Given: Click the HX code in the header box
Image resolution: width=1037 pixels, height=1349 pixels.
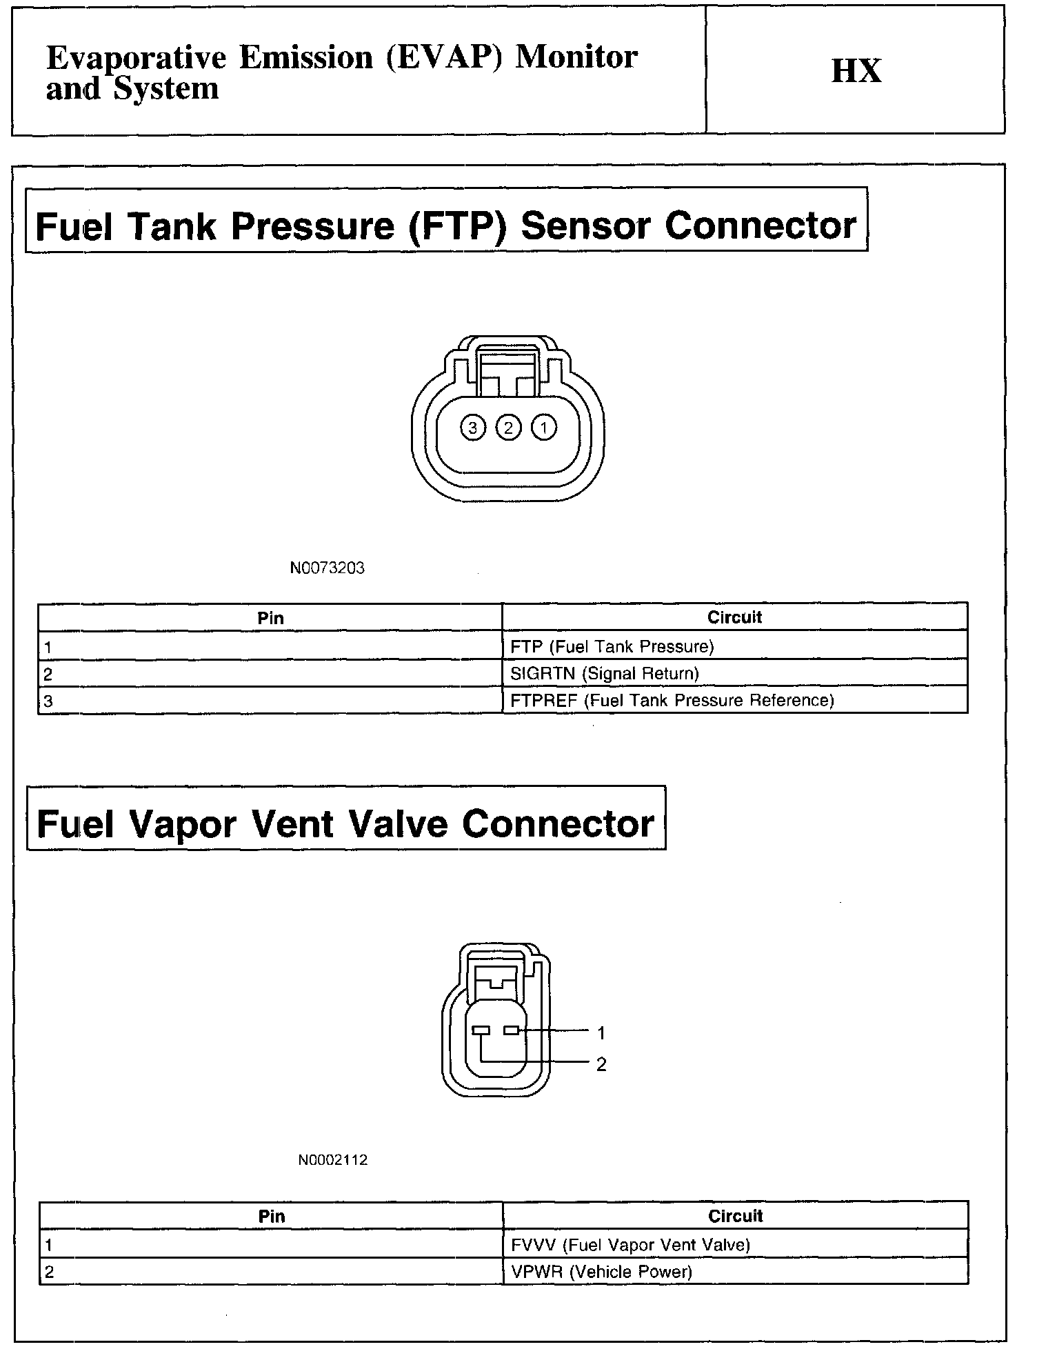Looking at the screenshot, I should pyautogui.click(x=856, y=71).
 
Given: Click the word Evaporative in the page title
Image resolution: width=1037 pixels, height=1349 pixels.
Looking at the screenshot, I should pyautogui.click(x=136, y=58).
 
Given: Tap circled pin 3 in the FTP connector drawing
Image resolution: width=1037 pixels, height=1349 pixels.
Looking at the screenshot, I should pyautogui.click(x=473, y=428).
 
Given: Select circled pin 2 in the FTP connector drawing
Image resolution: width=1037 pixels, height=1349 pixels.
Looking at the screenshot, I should pyautogui.click(x=509, y=428).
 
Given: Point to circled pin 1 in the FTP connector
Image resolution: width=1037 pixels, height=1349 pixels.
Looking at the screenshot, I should pyautogui.click(x=544, y=428).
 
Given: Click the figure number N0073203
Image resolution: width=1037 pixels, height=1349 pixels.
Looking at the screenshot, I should pyautogui.click(x=327, y=568).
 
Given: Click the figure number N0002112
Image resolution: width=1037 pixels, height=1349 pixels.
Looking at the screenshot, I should pyautogui.click(x=333, y=1160).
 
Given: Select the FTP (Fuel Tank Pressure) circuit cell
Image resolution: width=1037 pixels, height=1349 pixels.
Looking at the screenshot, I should pyautogui.click(x=612, y=646).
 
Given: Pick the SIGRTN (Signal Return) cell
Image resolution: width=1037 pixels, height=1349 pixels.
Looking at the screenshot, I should pyautogui.click(x=604, y=673).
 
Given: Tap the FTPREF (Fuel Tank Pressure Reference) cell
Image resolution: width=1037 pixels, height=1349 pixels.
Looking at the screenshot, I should pyautogui.click(x=672, y=701).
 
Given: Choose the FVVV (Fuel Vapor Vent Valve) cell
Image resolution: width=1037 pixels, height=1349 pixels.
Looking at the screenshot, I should pyautogui.click(x=630, y=1245).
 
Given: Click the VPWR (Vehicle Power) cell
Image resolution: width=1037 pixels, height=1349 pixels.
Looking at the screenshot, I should pyautogui.click(x=601, y=1272).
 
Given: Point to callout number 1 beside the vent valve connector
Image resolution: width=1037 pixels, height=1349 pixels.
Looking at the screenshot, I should pyautogui.click(x=601, y=1033).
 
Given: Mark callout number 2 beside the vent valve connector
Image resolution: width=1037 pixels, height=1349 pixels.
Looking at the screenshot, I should pyautogui.click(x=601, y=1065).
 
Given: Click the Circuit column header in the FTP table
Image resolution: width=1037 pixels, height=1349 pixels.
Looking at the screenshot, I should pyautogui.click(x=734, y=617).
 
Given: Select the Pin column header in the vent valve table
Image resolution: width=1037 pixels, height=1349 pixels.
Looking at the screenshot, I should pyautogui.click(x=272, y=1216).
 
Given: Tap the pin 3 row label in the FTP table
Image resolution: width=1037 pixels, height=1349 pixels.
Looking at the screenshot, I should pyautogui.click(x=48, y=701).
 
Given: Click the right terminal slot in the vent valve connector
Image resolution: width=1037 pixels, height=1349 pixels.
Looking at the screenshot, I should pyautogui.click(x=511, y=1031).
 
